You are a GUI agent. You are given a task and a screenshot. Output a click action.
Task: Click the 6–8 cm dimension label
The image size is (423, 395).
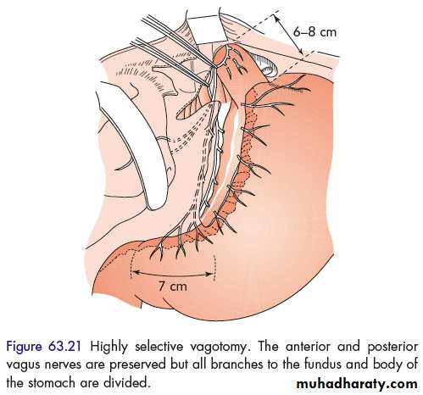click(x=314, y=32)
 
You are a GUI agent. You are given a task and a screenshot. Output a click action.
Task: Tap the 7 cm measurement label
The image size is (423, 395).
click(x=172, y=287)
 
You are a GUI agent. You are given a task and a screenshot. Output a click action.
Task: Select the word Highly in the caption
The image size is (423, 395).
click(x=109, y=348)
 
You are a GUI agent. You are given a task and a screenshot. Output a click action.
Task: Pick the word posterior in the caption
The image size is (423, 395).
click(x=392, y=348)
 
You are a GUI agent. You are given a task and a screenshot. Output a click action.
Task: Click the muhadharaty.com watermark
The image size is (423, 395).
click(x=357, y=384)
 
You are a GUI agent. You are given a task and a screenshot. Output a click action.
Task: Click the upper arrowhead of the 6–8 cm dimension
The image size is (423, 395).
click(x=276, y=19)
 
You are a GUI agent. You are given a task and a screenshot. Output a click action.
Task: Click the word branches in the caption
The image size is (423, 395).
click(x=237, y=364)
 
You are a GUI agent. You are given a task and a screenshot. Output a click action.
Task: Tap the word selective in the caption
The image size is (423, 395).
click(x=159, y=347)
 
